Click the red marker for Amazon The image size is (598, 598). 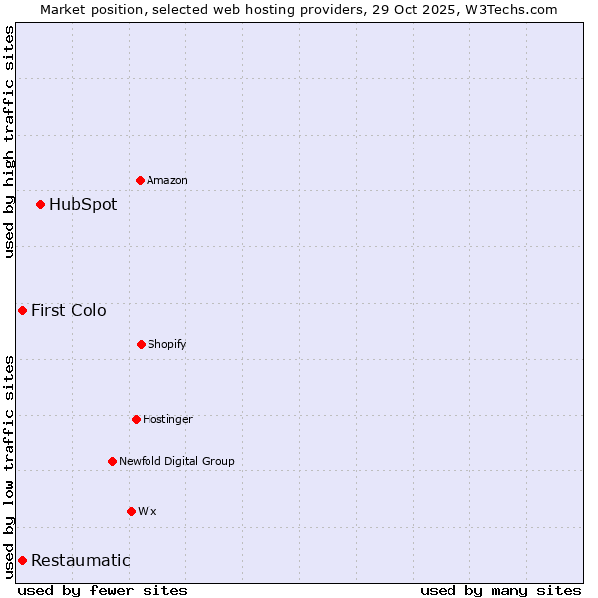(x=140, y=180)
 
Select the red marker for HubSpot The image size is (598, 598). (x=40, y=204)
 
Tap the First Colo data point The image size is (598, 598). (x=22, y=310)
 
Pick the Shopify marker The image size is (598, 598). (x=141, y=344)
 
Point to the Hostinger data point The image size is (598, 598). (x=136, y=419)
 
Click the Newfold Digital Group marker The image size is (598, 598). (x=112, y=461)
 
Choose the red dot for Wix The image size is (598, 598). (x=131, y=511)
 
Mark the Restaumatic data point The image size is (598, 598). (x=22, y=560)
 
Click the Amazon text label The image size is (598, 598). (x=167, y=180)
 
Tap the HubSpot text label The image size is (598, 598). (x=83, y=204)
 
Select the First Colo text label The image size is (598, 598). (x=68, y=310)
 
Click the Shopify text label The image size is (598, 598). (x=167, y=344)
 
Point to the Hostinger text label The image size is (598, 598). (x=167, y=419)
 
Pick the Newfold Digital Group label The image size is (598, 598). (x=176, y=461)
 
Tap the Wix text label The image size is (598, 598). (x=148, y=511)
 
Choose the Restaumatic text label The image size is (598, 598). (x=80, y=560)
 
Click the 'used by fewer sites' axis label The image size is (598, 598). (x=103, y=590)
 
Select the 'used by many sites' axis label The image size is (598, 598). (x=500, y=590)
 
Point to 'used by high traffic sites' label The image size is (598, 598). (x=9, y=142)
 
